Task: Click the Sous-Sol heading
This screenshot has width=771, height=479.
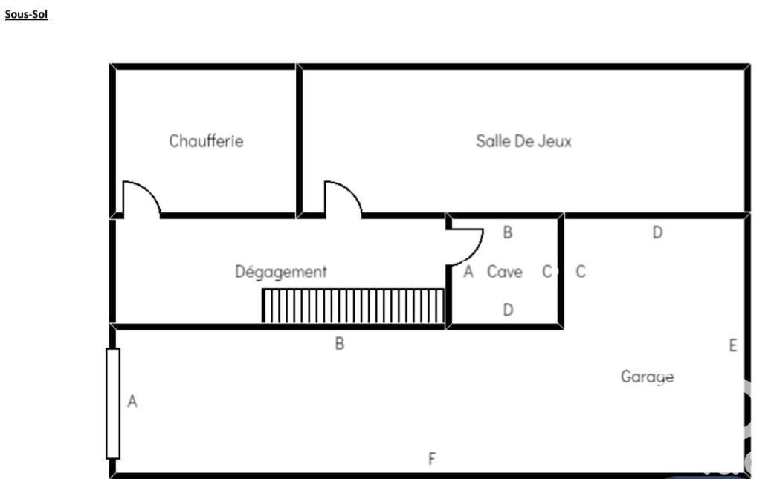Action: [26, 14]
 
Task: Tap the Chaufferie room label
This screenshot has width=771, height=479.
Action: [206, 140]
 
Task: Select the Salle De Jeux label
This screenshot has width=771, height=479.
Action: [523, 140]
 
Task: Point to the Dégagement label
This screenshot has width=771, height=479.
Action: [280, 272]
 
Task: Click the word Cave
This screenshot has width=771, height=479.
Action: [504, 272]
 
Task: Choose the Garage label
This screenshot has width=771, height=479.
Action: [647, 377]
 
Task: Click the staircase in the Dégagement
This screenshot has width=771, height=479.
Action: [353, 306]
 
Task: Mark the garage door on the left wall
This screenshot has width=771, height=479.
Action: [113, 403]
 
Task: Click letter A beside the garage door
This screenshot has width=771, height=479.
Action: [132, 402]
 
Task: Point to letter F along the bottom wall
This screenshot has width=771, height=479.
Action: [432, 459]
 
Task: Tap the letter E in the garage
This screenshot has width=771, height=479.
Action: [733, 345]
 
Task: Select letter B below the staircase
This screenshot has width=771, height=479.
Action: [339, 344]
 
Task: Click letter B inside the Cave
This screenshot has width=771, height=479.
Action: [508, 232]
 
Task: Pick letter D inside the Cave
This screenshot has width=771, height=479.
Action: [508, 310]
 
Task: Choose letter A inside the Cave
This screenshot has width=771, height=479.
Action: [468, 272]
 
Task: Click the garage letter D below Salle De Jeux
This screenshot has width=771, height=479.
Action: [657, 232]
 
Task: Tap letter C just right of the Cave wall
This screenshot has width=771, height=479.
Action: [581, 272]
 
